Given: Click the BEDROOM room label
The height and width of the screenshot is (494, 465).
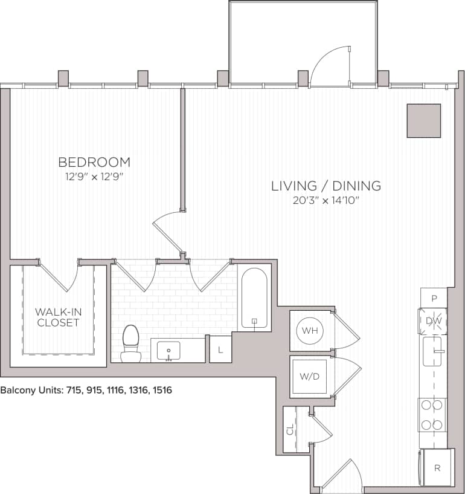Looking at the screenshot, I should tap(94, 162).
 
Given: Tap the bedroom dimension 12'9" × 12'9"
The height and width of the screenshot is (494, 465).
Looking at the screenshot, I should tap(94, 177).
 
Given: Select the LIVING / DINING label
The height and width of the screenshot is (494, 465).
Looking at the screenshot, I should tap(325, 186).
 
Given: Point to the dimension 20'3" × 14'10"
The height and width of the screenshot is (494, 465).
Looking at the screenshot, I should tap(325, 201).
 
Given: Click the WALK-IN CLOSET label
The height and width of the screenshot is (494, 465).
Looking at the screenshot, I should tap(57, 317).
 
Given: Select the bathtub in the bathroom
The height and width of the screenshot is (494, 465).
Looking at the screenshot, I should tap(254, 298).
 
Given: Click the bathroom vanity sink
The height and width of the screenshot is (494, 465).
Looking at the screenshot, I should tap(168, 350).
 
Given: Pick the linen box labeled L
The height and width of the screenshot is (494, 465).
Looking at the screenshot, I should tap(220, 350).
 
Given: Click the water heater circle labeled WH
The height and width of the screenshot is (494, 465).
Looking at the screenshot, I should tap(309, 330).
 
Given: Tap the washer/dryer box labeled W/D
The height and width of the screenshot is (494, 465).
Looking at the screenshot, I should tap(309, 376).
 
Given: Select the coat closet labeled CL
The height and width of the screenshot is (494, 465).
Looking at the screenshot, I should tap(290, 429).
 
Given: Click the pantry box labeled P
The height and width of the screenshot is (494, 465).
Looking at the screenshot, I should tap(434, 297).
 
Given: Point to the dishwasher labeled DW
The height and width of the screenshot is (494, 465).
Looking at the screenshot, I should tap(432, 321).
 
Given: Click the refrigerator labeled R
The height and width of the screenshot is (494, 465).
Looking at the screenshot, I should tap(436, 467).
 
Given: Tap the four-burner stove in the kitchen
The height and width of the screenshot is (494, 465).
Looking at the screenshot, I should tap(432, 415).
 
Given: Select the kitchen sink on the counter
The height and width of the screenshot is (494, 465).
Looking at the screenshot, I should tap(433, 353).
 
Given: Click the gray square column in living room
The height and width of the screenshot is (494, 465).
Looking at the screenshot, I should tap(423, 120).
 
